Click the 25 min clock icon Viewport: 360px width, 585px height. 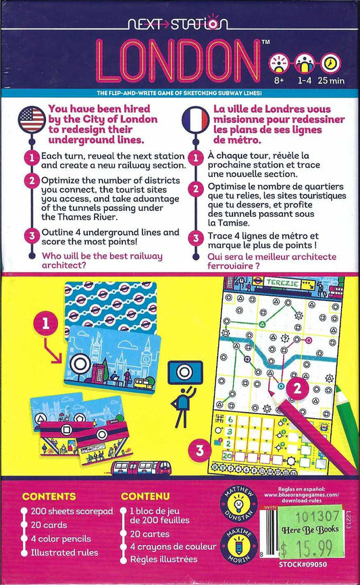331,64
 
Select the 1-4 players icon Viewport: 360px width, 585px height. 305,64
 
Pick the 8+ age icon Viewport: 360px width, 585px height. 278,64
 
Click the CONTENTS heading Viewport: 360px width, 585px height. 49,496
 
